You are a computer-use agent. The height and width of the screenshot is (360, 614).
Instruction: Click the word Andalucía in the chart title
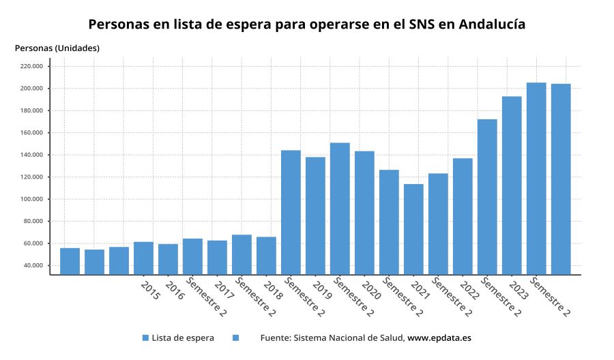[491, 24]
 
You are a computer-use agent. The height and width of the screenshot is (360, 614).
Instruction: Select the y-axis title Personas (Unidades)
[57, 48]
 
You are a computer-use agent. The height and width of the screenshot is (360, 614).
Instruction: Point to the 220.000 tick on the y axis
[31, 66]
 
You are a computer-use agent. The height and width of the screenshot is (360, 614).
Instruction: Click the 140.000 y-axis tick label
[31, 155]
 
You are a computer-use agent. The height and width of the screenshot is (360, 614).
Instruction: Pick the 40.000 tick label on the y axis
[33, 265]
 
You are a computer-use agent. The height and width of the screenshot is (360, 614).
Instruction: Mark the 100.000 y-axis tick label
[31, 199]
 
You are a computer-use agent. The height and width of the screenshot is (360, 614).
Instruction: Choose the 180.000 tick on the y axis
[31, 110]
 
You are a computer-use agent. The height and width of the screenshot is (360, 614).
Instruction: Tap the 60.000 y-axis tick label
[33, 243]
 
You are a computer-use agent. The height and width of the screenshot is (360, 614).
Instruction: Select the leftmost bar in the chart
[70, 261]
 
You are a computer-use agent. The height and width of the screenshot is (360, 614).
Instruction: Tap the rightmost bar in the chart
[561, 179]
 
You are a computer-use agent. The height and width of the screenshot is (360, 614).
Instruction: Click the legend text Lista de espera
[183, 337]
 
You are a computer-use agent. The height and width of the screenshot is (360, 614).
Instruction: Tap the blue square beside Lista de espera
[145, 337]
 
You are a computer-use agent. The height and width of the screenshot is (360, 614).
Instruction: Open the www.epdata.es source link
[439, 337]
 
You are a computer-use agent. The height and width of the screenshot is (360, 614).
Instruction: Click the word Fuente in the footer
[276, 337]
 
